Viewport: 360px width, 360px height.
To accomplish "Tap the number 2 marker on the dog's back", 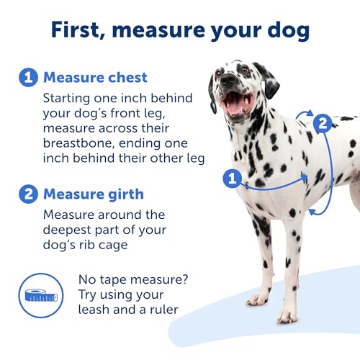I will pyautogui.click(x=323, y=123).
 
